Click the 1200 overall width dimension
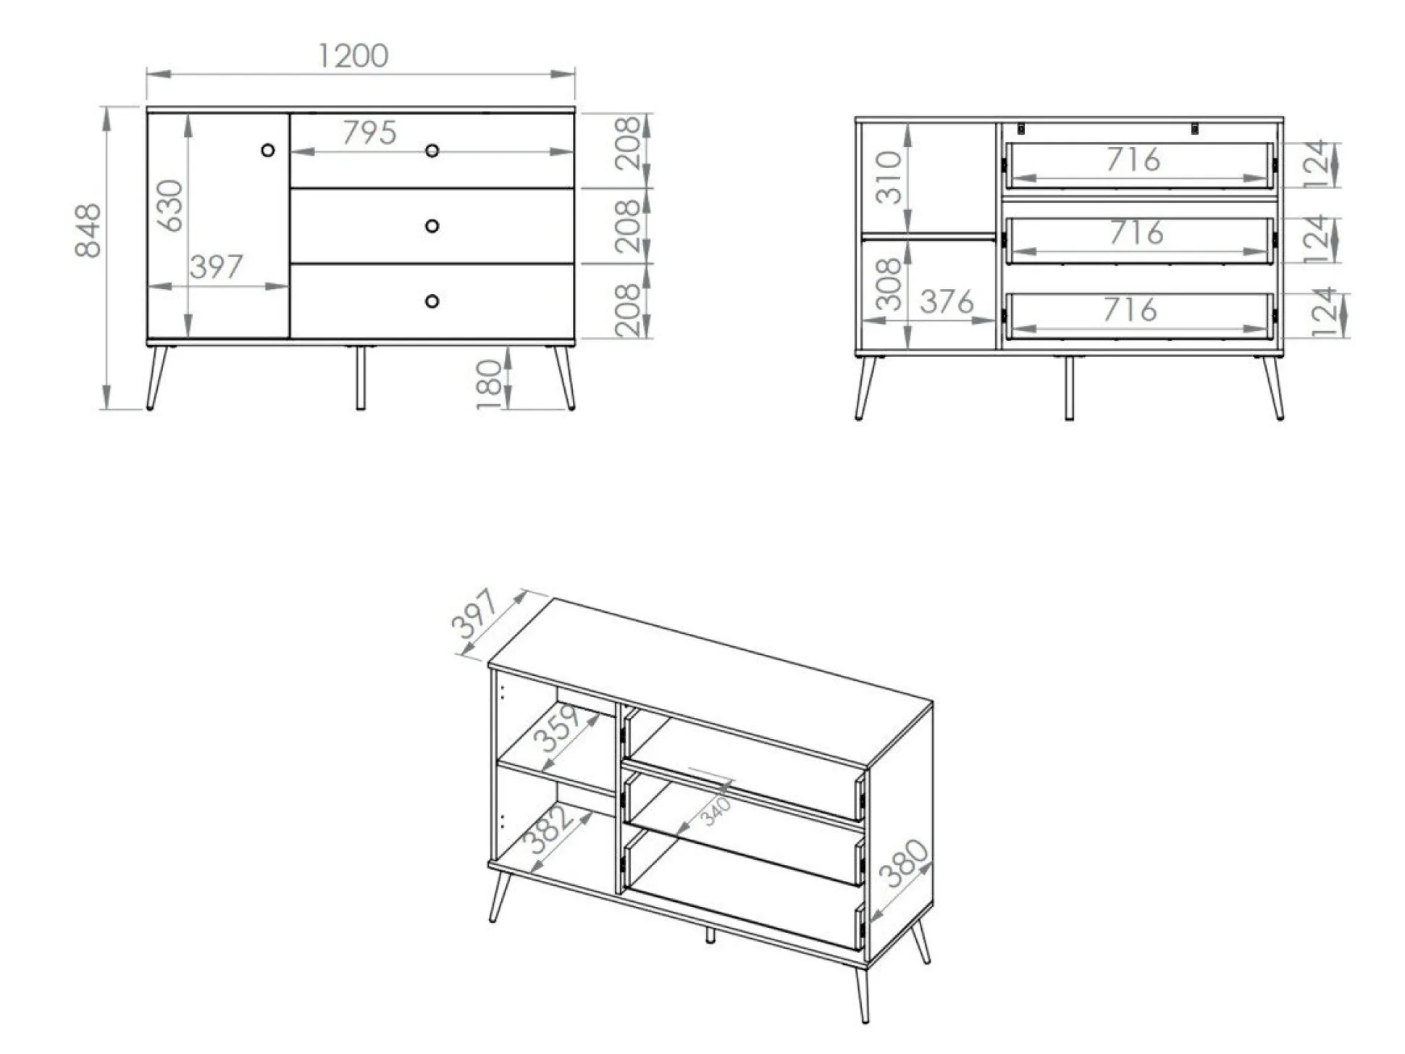(353, 57)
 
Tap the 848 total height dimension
(88, 230)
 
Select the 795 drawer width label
(369, 133)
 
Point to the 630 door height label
(171, 206)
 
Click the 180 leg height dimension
(490, 384)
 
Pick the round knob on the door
(268, 151)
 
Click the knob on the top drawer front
(432, 151)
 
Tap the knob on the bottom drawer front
(432, 301)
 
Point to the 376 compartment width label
(947, 302)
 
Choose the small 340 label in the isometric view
(716, 811)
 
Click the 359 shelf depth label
(557, 728)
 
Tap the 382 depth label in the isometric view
(548, 829)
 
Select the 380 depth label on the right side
(903, 863)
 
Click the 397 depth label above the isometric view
(474, 614)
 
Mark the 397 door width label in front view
(216, 267)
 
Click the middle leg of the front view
(361, 378)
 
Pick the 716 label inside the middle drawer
(1136, 233)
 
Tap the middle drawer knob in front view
(432, 226)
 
